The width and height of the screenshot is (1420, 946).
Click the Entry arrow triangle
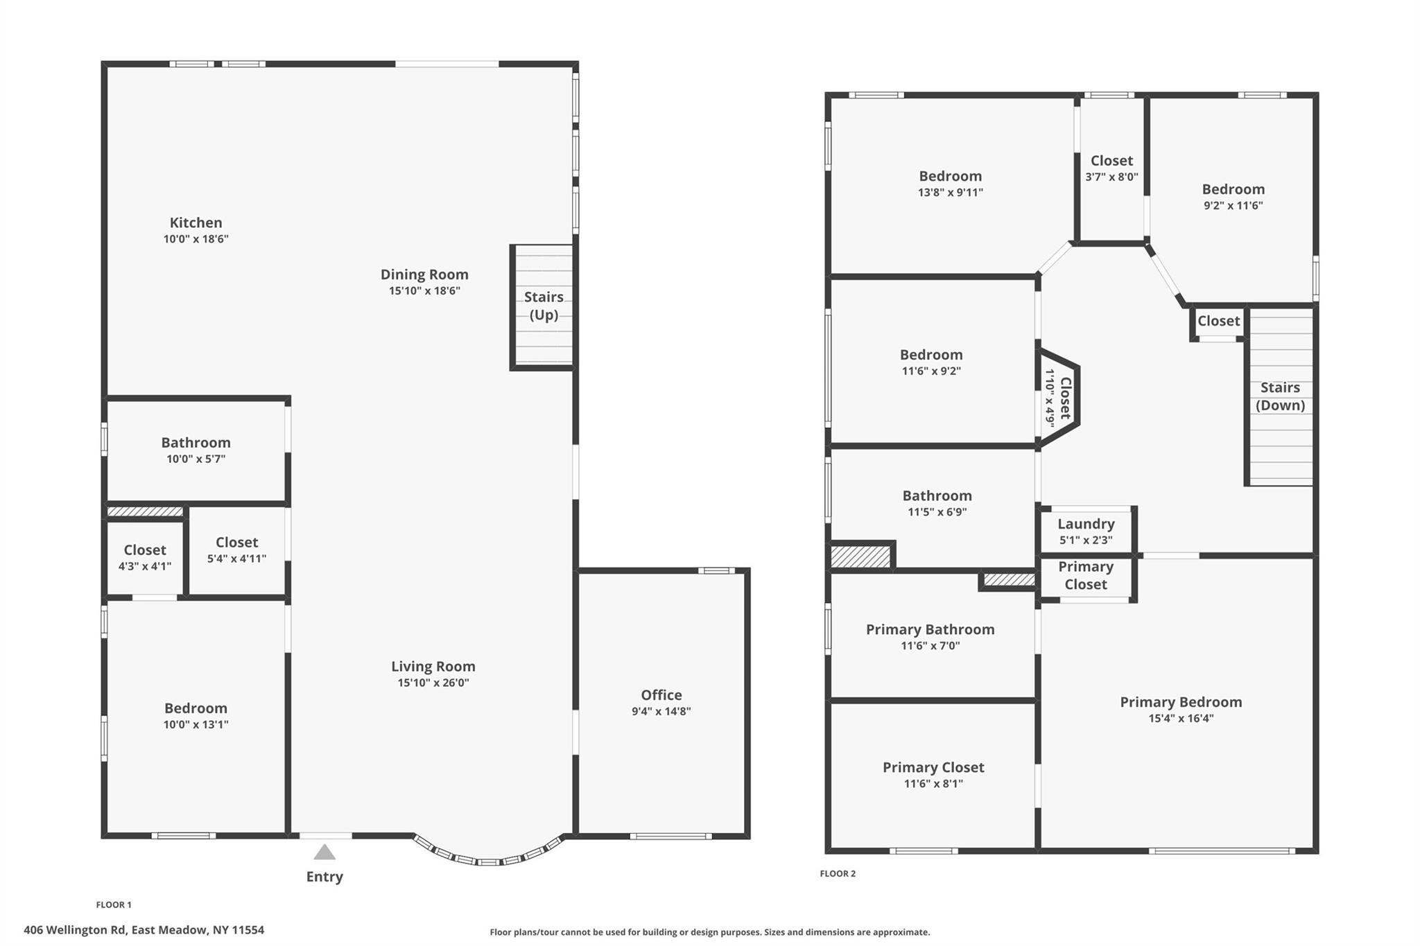tap(324, 852)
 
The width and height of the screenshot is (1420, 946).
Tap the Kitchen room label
tap(196, 222)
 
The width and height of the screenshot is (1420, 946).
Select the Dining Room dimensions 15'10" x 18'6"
tap(424, 291)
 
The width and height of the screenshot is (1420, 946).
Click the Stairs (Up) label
tap(544, 306)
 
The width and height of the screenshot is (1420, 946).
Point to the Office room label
tap(661, 694)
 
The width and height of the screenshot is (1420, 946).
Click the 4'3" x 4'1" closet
tap(145, 557)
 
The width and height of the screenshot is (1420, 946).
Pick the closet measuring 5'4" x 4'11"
tap(236, 550)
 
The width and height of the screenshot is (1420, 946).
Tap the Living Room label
tap(433, 666)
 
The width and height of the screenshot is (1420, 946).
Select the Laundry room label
tap(1086, 524)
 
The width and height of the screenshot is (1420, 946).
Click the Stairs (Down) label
tap(1280, 396)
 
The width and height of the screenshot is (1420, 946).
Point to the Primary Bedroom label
tap(1181, 701)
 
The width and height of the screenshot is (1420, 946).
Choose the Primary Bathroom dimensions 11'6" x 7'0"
tap(930, 646)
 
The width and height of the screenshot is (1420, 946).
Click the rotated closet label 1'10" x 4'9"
tap(1059, 398)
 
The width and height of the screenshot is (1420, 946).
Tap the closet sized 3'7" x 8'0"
tap(1111, 168)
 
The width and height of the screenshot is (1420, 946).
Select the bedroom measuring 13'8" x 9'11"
tap(950, 184)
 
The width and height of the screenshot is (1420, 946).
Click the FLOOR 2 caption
tap(838, 873)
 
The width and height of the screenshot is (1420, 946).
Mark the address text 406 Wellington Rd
tap(144, 930)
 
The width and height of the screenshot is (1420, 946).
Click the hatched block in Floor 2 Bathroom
tap(860, 557)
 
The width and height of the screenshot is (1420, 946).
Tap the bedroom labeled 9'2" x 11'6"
tap(1233, 197)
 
